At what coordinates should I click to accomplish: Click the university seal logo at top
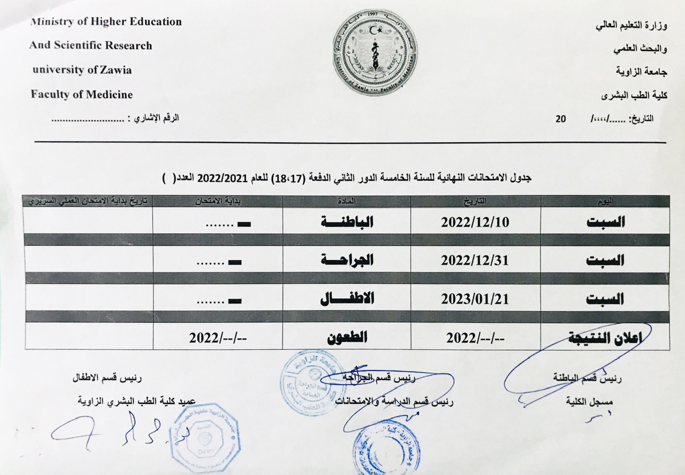[x=375, y=52]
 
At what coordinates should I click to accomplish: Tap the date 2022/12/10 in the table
[x=475, y=222]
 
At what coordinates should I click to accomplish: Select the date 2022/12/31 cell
[x=475, y=260]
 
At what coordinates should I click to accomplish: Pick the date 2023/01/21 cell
[x=475, y=299]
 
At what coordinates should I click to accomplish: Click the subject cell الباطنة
[x=347, y=222]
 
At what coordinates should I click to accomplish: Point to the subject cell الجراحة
[x=347, y=260]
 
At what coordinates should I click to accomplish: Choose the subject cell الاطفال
[x=347, y=299]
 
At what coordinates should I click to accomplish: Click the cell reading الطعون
[x=347, y=337]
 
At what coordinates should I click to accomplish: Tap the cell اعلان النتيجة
[x=605, y=337]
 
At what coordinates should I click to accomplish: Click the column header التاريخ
[x=476, y=201]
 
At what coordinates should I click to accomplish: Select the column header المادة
[x=347, y=201]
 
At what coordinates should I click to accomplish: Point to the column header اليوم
[x=605, y=201]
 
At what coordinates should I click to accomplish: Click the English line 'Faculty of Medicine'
[x=81, y=95]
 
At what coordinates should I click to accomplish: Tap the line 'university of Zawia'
[x=81, y=70]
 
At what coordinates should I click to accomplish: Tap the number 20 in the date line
[x=560, y=119]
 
